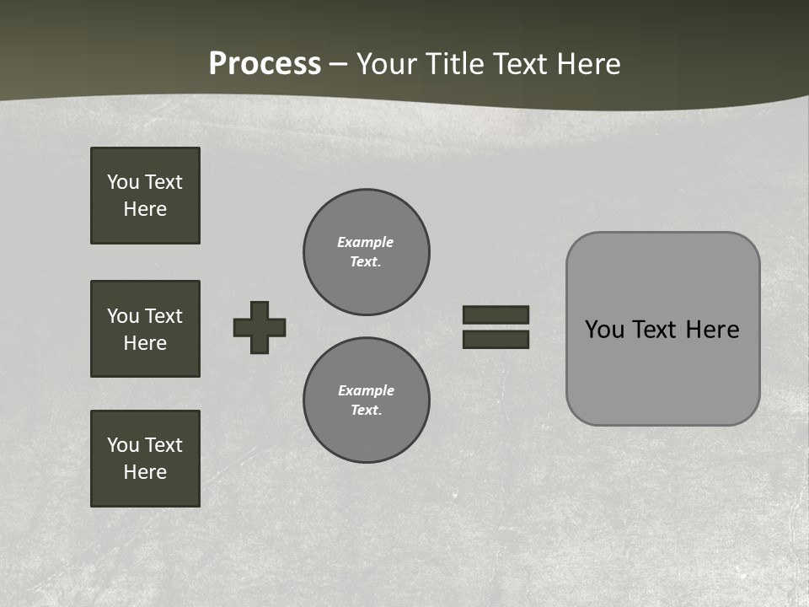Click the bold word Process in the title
[265, 64]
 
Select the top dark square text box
[145, 196]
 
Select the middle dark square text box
[145, 329]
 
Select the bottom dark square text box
[145, 459]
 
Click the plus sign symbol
[260, 327]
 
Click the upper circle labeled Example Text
[367, 252]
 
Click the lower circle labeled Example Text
[367, 400]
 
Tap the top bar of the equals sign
[496, 314]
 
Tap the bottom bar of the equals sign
[496, 340]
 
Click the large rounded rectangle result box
[662, 329]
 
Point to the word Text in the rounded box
[653, 330]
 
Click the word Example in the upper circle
[366, 242]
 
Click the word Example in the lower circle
[366, 390]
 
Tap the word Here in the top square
[145, 209]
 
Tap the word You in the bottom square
[123, 445]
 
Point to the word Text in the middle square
[163, 316]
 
